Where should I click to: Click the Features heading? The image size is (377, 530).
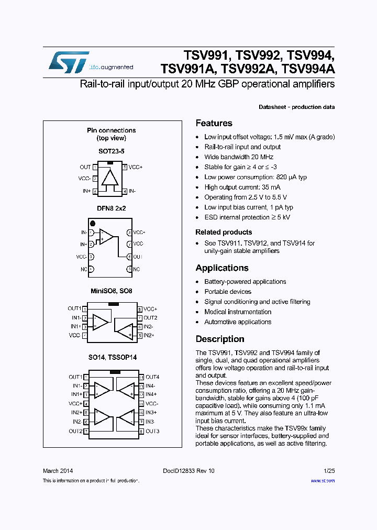(214, 124)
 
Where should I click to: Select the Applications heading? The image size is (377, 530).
(222, 268)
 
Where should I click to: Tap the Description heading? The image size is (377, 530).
(220, 339)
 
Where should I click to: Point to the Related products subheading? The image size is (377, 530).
(224, 233)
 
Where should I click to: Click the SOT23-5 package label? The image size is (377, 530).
(112, 151)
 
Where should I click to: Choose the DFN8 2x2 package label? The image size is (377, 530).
(111, 208)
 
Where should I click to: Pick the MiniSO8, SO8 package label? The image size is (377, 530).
(111, 290)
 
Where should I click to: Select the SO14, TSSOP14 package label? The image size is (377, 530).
(112, 358)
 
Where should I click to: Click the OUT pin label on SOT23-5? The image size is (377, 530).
(85, 167)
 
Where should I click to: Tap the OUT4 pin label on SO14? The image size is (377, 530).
(152, 377)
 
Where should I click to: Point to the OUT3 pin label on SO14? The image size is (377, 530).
(152, 431)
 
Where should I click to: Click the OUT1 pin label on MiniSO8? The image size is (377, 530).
(74, 308)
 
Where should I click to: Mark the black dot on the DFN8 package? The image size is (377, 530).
(93, 224)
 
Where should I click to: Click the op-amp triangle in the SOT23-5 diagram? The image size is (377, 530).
(110, 178)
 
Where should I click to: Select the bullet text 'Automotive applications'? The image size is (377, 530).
(238, 322)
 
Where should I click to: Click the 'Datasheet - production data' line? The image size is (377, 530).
(296, 107)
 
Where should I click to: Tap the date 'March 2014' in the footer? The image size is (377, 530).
(58, 471)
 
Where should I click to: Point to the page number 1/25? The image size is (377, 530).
(329, 471)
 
